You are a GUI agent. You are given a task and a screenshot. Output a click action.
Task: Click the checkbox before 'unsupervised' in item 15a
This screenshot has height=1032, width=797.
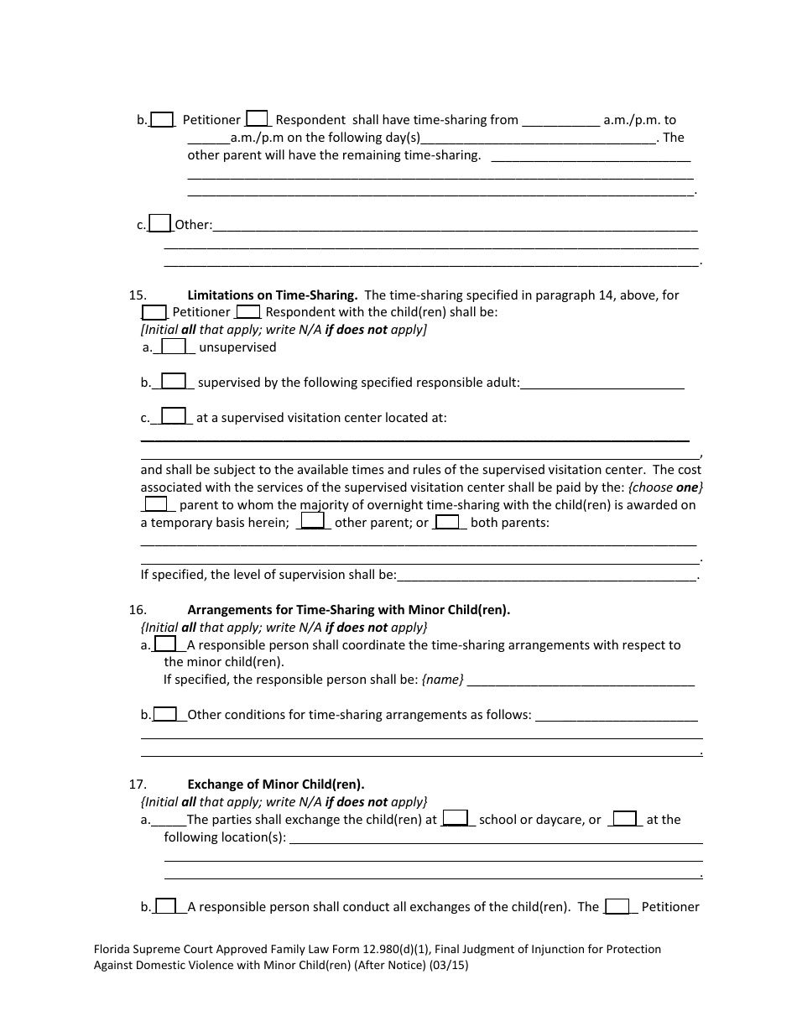point(174,347)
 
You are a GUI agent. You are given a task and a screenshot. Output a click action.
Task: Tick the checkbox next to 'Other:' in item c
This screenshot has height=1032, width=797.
point(159,223)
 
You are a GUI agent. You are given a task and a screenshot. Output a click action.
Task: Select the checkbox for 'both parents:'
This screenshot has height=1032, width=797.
point(447,522)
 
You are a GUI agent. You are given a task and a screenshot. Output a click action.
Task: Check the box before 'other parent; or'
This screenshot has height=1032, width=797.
point(313,522)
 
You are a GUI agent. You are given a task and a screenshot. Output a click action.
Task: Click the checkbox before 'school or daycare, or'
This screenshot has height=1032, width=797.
point(455,818)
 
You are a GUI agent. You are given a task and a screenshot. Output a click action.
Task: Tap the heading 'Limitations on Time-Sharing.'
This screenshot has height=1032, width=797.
point(273,294)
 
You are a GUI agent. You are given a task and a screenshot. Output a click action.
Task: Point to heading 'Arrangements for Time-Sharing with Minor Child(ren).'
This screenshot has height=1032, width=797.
point(348,610)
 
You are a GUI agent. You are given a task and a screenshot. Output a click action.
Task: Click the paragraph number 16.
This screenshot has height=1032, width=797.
point(138,610)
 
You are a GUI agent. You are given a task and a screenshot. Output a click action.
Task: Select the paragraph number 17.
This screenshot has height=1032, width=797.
point(138,784)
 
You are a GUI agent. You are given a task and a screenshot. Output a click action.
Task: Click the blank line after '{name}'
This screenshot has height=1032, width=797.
point(581,680)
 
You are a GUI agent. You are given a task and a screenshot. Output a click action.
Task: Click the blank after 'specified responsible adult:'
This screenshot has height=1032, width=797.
point(602,383)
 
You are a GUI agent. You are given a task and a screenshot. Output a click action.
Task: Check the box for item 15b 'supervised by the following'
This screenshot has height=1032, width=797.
point(174,382)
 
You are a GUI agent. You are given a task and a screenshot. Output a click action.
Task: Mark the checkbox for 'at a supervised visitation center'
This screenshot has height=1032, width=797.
point(174,416)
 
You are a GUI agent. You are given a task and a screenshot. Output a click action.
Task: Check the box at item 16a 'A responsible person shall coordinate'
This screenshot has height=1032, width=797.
point(166,644)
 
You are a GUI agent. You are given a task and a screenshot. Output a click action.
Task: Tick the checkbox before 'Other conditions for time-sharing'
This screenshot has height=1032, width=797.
point(165,714)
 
